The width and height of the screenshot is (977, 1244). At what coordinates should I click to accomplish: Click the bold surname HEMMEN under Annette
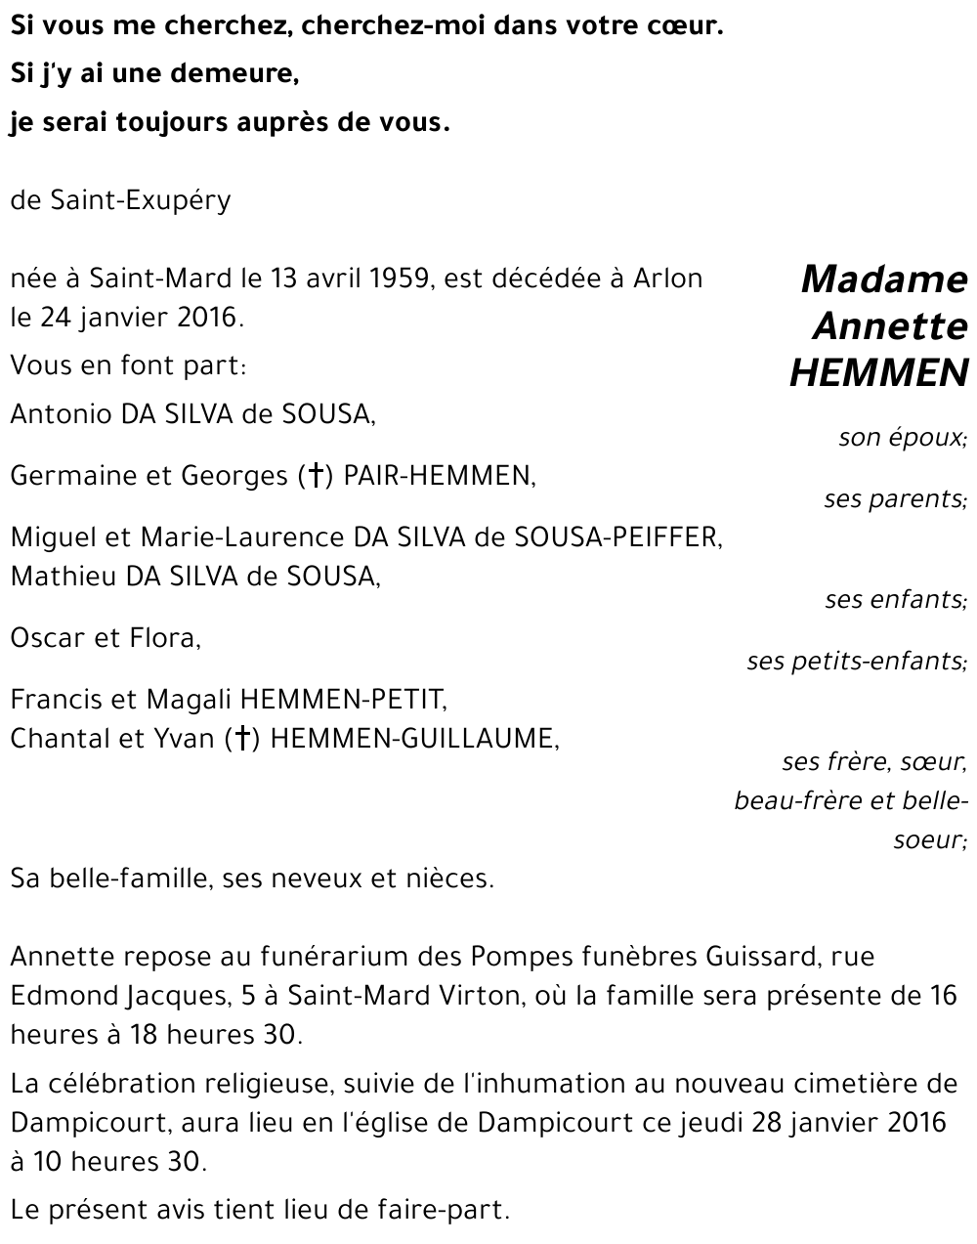pyautogui.click(x=878, y=372)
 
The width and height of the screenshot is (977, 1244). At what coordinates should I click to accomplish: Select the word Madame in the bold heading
pyautogui.click(x=883, y=279)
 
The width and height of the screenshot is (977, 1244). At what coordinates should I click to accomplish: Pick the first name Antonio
pyautogui.click(x=62, y=414)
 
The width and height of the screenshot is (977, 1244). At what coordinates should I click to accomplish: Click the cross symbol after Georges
pyautogui.click(x=315, y=476)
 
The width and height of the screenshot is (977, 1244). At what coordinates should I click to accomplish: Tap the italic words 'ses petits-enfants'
pyautogui.click(x=855, y=662)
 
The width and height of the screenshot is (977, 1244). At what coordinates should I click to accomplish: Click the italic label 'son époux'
pyautogui.click(x=901, y=437)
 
